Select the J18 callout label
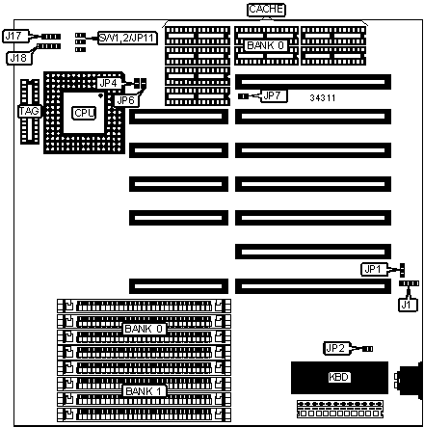(19, 58)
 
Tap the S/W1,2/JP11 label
(127, 38)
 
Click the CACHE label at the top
(266, 10)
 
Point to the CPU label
(84, 113)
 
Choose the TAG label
(29, 111)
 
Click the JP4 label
(109, 83)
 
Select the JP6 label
(126, 100)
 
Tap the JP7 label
(273, 95)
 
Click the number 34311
(323, 98)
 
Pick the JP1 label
(373, 269)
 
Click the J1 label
(408, 305)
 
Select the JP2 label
(335, 348)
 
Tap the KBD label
(339, 377)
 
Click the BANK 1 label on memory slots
(144, 391)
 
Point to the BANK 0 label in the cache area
(266, 45)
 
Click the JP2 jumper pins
(367, 349)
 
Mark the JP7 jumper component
(243, 96)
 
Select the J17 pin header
(51, 37)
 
